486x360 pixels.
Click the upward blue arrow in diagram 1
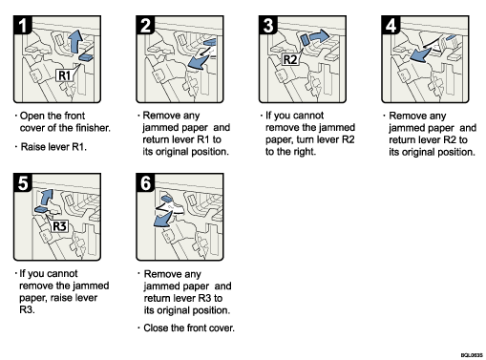[x=77, y=41]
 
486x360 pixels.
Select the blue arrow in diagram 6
[x=165, y=219]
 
